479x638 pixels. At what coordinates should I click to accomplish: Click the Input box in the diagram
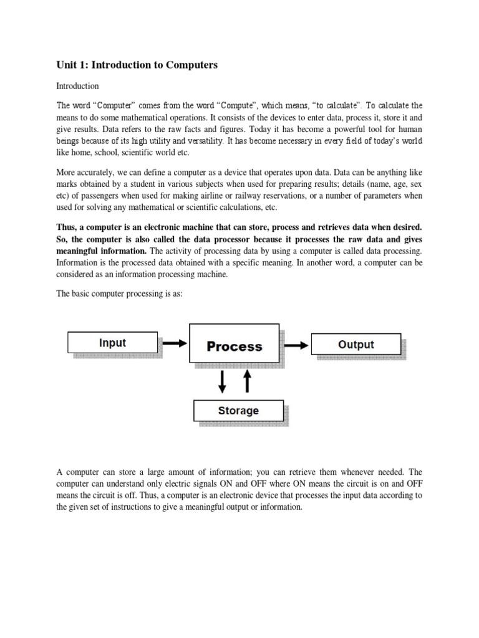[112, 343]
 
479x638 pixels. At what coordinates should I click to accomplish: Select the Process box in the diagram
[234, 346]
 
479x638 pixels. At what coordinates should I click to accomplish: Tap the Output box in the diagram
[356, 344]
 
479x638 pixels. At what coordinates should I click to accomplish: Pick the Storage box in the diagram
[238, 411]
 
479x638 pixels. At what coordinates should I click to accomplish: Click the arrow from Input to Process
[175, 343]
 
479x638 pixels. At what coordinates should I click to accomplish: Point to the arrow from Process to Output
[296, 344]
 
